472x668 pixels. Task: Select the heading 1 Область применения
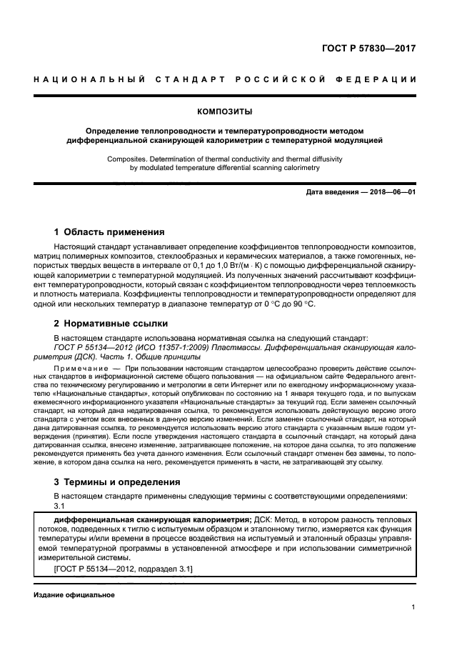click(109, 232)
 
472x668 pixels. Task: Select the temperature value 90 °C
click(301, 304)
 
